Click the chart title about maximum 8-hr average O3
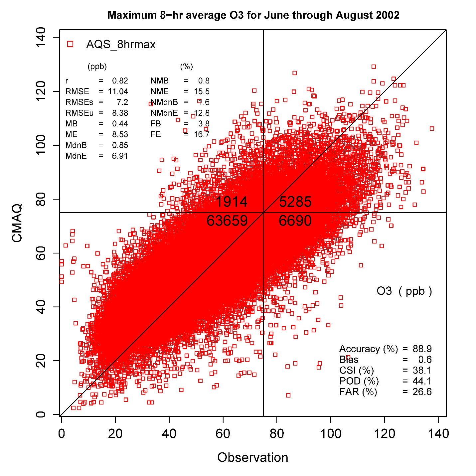(253, 15)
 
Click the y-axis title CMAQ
(17, 223)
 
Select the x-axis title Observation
(252, 457)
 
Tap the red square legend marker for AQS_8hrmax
(70, 44)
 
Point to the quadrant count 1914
(232, 202)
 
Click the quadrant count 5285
(295, 202)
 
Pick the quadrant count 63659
(227, 221)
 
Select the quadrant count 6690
(295, 221)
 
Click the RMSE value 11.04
(118, 91)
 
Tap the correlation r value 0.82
(120, 81)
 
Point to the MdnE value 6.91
(120, 156)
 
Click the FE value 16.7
(202, 134)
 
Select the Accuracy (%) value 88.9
(422, 349)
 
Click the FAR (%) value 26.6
(422, 392)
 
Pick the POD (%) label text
(359, 381)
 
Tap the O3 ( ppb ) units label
(404, 291)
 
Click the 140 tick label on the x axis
(438, 434)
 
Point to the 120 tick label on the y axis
(41, 91)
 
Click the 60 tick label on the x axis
(223, 434)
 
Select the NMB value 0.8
(204, 81)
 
